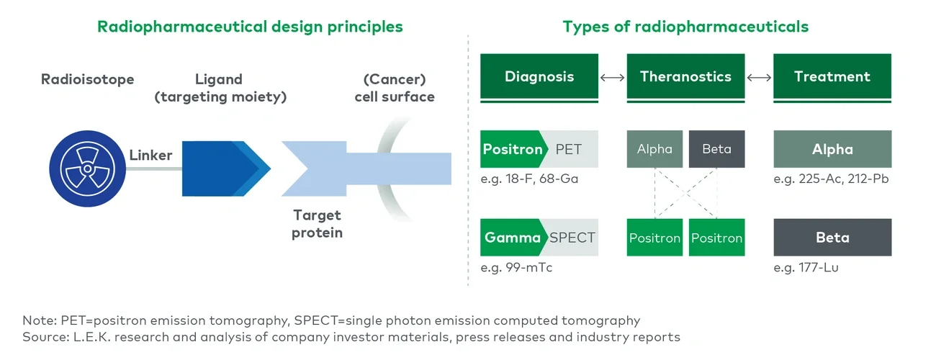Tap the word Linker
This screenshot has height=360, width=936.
point(150,156)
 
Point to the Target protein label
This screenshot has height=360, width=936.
point(317,224)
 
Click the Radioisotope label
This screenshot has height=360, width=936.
point(87,79)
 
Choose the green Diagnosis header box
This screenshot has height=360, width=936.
point(539,76)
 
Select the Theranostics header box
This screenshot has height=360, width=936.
point(685,76)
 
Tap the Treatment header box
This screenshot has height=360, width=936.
point(832,76)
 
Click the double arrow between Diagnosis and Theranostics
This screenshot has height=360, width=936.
point(612,77)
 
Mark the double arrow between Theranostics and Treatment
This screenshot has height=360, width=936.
point(759,77)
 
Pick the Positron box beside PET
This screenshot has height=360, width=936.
point(512,149)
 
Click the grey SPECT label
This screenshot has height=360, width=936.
point(572,238)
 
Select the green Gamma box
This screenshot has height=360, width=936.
point(511,238)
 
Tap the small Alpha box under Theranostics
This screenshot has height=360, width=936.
point(654,149)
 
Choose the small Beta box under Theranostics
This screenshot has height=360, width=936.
point(716,149)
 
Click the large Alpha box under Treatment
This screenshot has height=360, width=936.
point(832,149)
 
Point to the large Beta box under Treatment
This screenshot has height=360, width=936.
point(832,238)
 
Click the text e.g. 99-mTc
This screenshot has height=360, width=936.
point(516,268)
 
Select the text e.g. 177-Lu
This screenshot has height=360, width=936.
point(806,268)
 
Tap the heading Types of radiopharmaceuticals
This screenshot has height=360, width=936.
point(685,27)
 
